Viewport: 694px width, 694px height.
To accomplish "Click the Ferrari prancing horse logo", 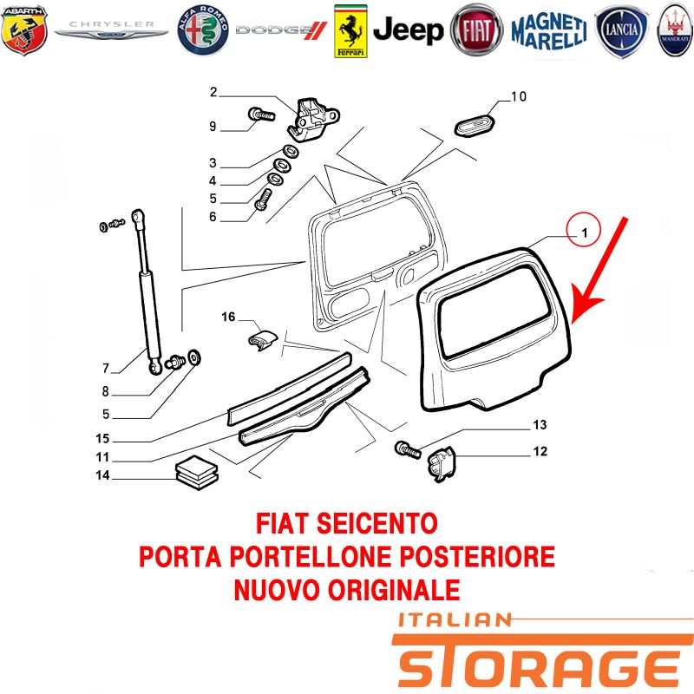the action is (350, 31).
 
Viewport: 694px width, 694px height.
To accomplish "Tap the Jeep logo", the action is (408, 30).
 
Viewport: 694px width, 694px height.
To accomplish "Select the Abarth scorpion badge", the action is (24, 30).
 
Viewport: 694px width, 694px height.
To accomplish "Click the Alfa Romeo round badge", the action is (203, 30).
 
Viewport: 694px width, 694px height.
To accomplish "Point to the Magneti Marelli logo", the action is (549, 31).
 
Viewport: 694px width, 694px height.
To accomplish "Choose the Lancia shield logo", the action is (621, 31).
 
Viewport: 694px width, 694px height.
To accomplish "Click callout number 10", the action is (519, 96).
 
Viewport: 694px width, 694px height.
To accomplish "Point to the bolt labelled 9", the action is (261, 115).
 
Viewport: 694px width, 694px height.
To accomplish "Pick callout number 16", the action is (228, 317).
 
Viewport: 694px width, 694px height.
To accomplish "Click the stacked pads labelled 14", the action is (197, 472).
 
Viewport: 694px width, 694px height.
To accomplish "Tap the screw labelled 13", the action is (407, 449).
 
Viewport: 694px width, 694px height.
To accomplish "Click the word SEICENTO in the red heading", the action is (377, 523).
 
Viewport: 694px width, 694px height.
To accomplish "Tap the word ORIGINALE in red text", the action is (394, 590).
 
